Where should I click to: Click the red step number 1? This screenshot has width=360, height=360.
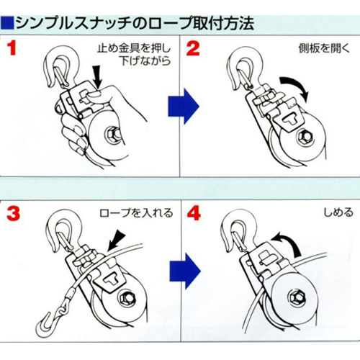(12, 48)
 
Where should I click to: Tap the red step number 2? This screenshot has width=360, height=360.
(193, 48)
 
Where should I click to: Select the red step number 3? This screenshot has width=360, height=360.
(13, 213)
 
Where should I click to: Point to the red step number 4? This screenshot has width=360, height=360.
(194, 213)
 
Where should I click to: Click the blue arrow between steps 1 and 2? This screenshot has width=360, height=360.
(184, 107)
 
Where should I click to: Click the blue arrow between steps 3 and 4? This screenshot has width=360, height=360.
(185, 271)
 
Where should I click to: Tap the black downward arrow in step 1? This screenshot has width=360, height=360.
(98, 76)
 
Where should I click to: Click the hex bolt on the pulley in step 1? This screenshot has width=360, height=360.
(112, 136)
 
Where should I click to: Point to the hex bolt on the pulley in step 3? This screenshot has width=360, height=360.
(126, 299)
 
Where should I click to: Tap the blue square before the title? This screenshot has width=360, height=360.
(7, 23)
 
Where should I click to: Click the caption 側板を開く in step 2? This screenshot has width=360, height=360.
(324, 48)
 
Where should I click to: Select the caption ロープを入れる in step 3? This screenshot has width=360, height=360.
(136, 213)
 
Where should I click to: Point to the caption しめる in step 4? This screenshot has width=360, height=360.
(338, 212)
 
